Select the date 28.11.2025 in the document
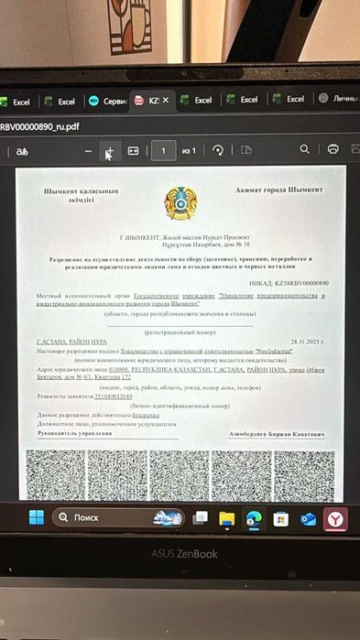tap(306, 341)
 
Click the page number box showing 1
tap(163, 150)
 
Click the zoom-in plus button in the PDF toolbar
tap(110, 151)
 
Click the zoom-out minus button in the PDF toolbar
tap(88, 151)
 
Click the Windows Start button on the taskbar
tap(36, 518)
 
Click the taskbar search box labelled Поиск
tap(101, 518)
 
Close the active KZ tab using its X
tap(166, 101)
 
